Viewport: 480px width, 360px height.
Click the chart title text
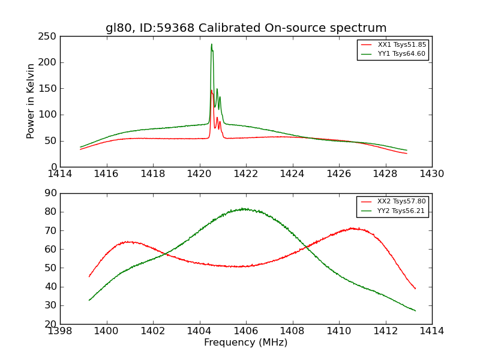[246, 28]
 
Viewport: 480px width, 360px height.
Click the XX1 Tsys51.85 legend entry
[401, 44]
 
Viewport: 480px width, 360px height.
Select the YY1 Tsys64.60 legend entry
[401, 54]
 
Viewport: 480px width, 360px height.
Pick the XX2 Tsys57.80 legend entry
[401, 202]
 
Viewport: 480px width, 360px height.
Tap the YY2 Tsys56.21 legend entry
[401, 211]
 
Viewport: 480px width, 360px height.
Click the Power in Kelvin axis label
[31, 101]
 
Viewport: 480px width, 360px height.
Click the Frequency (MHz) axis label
[246, 343]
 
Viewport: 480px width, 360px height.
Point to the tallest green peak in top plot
[211, 44]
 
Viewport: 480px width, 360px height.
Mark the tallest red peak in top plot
[211, 90]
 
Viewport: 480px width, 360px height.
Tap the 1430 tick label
[432, 173]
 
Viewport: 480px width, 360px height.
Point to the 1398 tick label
[60, 331]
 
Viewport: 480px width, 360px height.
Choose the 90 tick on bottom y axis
[50, 193]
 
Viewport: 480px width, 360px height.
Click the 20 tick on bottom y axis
[50, 324]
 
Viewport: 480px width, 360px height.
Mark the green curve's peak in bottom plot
[244, 209]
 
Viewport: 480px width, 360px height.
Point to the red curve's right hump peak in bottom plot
[352, 228]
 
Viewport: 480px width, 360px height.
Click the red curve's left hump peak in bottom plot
[128, 242]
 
